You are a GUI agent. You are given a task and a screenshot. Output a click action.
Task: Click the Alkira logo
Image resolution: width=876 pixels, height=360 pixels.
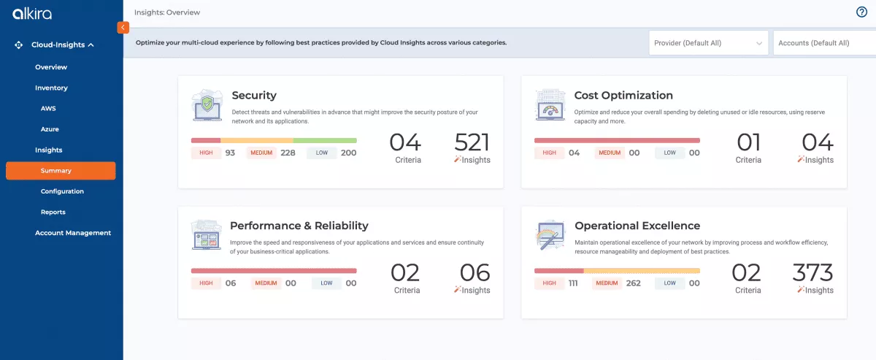(x=32, y=14)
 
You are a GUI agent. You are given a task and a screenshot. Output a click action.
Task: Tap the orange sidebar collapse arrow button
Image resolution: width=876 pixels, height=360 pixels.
(x=123, y=27)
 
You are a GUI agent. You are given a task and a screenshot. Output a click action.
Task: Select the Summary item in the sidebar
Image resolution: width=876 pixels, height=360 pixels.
(x=56, y=171)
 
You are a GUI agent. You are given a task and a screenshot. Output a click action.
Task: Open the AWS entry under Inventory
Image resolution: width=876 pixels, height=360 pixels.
(x=48, y=108)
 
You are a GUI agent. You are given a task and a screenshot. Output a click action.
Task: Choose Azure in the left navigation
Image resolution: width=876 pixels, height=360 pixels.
(x=50, y=129)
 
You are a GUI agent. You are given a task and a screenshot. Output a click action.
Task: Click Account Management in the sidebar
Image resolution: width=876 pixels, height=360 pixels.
(x=73, y=233)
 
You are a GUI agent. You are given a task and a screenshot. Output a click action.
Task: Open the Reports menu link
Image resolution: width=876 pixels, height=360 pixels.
(x=53, y=212)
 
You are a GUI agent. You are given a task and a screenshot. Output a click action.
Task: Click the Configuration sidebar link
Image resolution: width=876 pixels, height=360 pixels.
(x=62, y=191)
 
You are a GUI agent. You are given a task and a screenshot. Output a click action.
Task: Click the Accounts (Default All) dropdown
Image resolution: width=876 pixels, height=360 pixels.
(x=823, y=43)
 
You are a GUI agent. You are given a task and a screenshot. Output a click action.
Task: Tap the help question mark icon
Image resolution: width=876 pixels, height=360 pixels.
(x=861, y=12)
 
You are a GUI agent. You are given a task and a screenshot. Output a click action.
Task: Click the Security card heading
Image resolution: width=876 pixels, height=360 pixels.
(x=254, y=96)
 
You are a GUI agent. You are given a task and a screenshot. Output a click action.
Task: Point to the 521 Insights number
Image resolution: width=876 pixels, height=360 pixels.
(x=472, y=142)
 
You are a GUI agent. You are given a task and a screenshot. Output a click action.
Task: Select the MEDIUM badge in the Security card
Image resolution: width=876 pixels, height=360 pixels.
(x=261, y=153)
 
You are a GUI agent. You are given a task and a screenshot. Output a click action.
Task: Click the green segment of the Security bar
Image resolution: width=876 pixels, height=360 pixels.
(x=325, y=140)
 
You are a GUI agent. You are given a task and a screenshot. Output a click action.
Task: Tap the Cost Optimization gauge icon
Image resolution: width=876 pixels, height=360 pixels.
(x=550, y=106)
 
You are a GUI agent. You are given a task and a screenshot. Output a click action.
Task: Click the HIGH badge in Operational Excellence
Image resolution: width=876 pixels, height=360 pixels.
(x=549, y=283)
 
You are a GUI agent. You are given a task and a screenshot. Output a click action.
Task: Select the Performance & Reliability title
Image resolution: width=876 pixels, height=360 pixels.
(x=299, y=226)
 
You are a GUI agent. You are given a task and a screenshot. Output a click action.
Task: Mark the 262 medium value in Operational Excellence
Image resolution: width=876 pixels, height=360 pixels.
(x=633, y=283)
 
